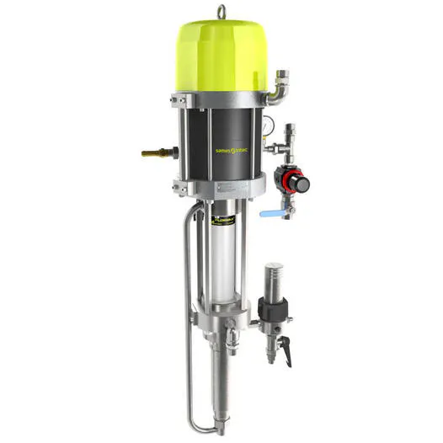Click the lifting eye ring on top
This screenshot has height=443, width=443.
(x=222, y=11)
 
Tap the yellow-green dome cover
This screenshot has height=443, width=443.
(x=222, y=55)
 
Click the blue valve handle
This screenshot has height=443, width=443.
(x=270, y=214)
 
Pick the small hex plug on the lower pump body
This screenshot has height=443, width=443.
(x=230, y=342)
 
